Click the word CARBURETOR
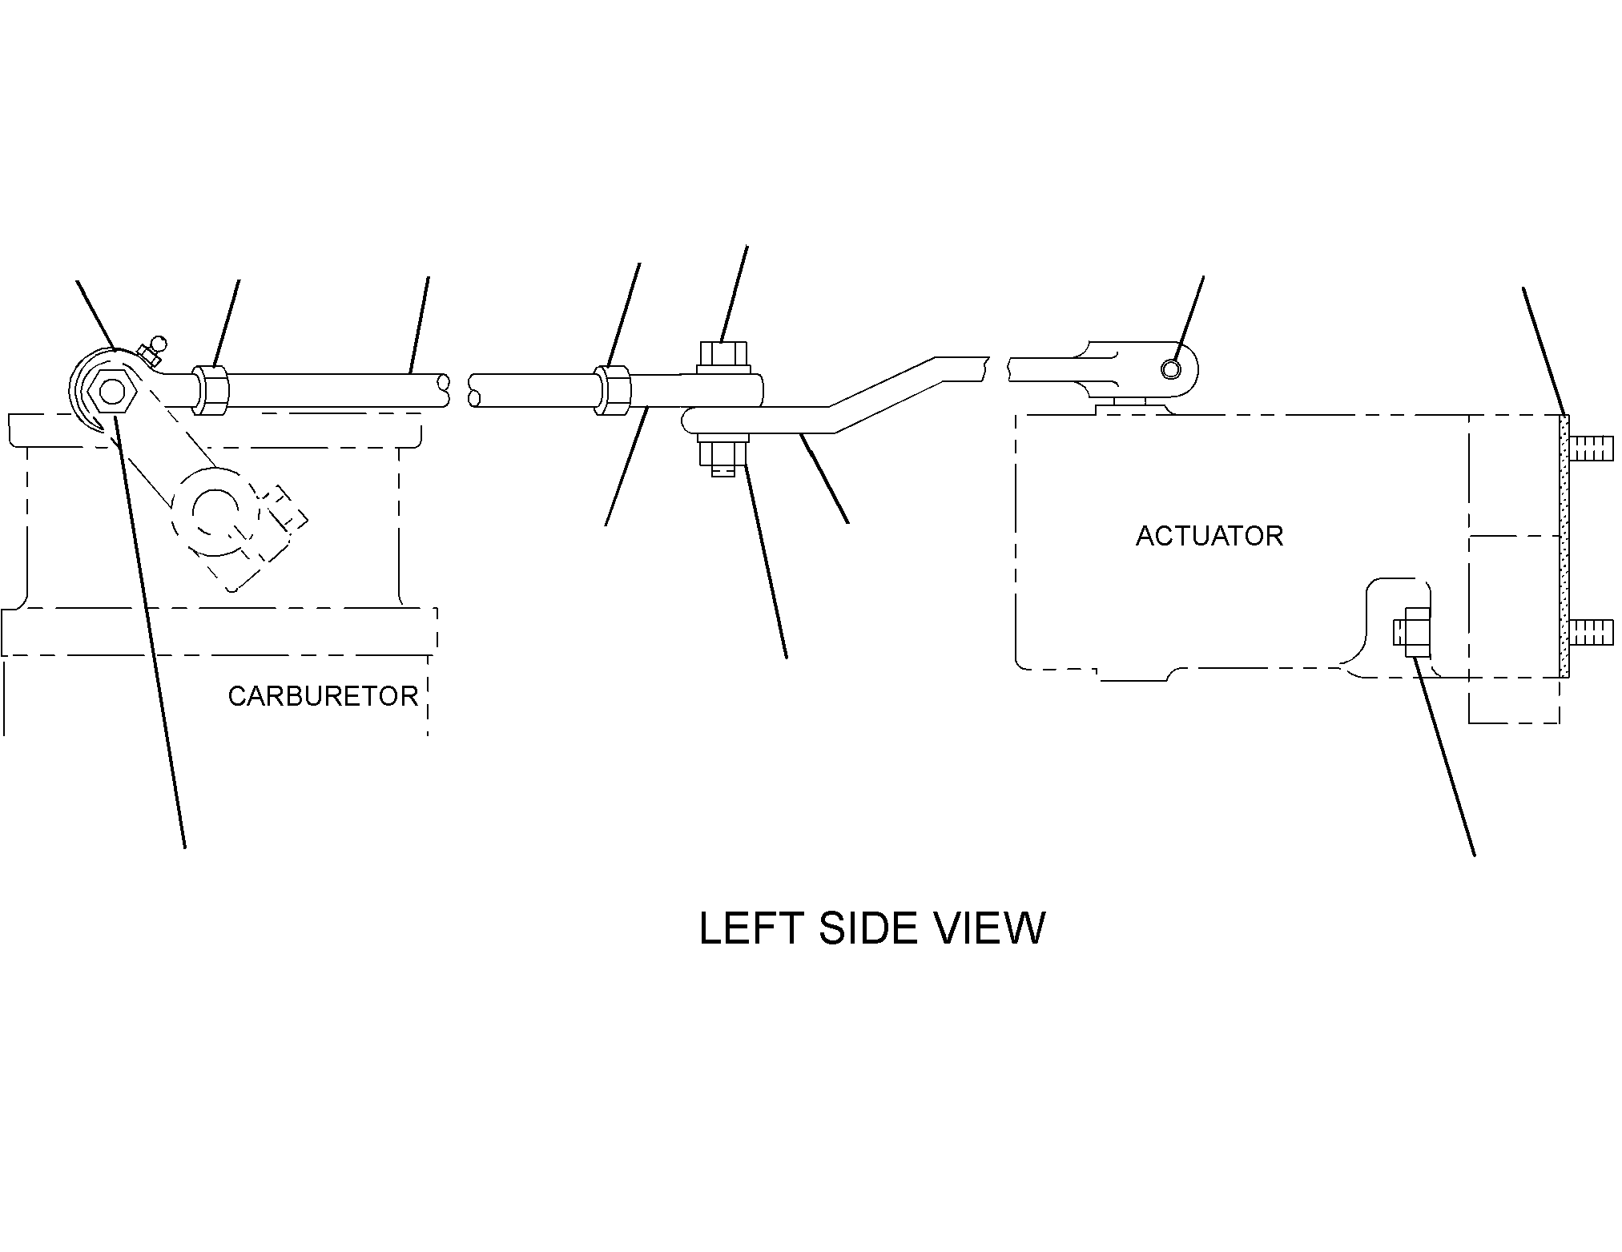click(x=323, y=696)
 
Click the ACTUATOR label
click(x=1209, y=536)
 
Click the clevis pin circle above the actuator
click(x=1171, y=368)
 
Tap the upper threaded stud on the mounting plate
click(x=1588, y=449)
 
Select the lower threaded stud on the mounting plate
click(x=1588, y=632)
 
